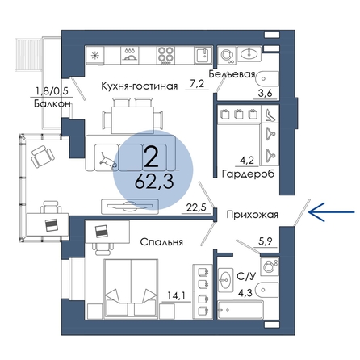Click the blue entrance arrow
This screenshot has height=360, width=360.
332,212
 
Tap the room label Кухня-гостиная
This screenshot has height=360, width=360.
140,86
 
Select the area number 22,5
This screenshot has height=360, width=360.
196,207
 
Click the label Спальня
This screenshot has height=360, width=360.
161,242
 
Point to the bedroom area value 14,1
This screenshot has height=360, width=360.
177,296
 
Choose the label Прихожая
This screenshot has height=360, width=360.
252,215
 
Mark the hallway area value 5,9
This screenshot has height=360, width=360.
266,241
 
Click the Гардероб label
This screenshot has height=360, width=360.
248,174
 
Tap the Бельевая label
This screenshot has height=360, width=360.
232,74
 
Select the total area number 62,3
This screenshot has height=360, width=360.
154,182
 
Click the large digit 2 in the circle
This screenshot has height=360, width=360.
152,157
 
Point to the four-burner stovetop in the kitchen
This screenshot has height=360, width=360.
165,56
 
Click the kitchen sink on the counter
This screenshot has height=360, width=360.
203,56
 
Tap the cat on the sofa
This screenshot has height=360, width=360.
108,160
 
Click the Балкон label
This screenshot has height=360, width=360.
52,103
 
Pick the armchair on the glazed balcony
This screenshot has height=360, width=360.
43,156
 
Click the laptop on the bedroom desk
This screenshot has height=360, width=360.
101,231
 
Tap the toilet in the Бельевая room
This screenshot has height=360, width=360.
267,79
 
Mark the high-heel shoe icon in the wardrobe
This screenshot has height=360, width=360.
270,115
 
